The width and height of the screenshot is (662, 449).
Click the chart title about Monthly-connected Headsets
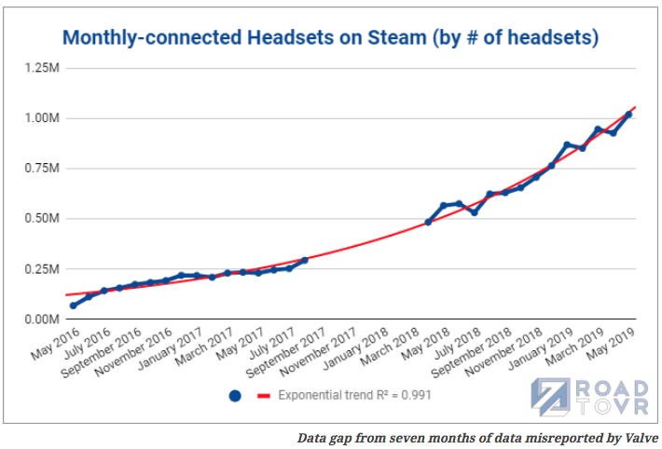click(330, 38)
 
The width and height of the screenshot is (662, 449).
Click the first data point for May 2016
click(74, 306)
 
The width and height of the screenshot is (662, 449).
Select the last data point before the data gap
click(304, 260)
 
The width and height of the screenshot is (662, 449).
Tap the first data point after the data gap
click(428, 222)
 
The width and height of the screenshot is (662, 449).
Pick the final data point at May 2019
click(628, 114)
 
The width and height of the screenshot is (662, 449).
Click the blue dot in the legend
click(235, 395)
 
